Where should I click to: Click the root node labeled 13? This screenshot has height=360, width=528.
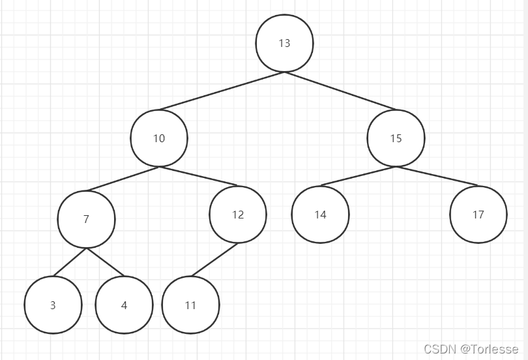pos(284,43)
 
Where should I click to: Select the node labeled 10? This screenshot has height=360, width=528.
pos(159,138)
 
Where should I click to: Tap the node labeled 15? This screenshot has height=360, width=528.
pos(396,138)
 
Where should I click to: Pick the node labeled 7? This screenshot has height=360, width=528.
pos(86,219)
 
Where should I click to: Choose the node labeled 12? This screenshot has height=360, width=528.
pos(238,215)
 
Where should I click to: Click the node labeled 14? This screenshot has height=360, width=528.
pos(320,215)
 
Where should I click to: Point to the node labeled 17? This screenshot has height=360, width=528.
pos(478,215)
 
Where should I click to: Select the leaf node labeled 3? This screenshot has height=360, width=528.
pos(53,305)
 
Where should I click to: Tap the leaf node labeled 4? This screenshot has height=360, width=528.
pos(124,305)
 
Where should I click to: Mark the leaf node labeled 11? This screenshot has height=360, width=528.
pos(190,305)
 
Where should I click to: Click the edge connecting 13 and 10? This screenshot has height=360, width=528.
pos(222,91)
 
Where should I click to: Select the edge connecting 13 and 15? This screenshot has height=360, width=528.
pos(340,91)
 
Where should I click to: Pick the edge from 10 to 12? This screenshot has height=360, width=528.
pos(198,177)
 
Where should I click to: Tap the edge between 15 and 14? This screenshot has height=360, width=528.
pos(357,176)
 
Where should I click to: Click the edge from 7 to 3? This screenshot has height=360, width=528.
pos(70,262)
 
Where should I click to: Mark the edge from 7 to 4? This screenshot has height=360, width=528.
pos(105,262)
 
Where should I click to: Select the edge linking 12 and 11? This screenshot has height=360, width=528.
pos(214,260)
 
